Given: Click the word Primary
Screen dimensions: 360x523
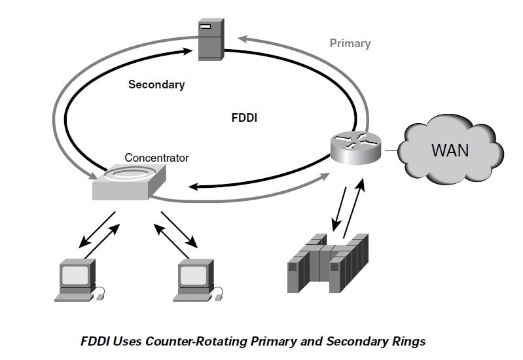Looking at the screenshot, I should point(350,44).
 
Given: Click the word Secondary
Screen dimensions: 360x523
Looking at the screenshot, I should point(156,84).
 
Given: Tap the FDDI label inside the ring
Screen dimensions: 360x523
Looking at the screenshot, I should point(245,119).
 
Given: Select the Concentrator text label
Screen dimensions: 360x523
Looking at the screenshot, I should point(156,158).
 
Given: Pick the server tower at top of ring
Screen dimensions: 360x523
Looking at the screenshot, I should point(211,39).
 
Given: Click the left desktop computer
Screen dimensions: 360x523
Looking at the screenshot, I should point(77,280).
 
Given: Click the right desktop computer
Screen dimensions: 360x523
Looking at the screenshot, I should point(195,280).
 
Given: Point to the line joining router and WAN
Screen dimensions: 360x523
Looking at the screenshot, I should point(391,151).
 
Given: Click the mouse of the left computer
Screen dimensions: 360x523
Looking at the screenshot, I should point(99,297).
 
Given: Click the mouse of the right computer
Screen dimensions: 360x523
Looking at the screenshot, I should point(218,297).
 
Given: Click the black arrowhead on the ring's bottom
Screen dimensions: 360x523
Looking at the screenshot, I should point(194,187).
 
